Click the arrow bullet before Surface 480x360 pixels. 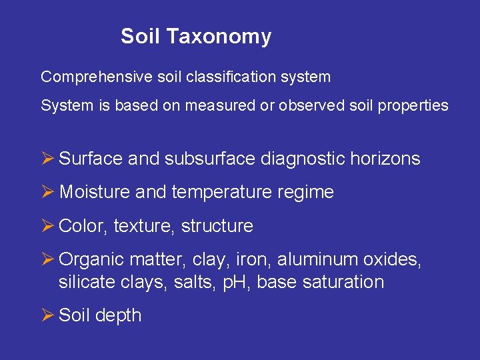point(47,159)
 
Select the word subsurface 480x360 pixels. point(211,159)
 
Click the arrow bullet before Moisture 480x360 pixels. point(47,192)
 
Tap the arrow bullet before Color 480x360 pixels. point(47,226)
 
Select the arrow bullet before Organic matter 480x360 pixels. point(47,259)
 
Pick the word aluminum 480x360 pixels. point(317,259)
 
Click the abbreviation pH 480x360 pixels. point(239,283)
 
